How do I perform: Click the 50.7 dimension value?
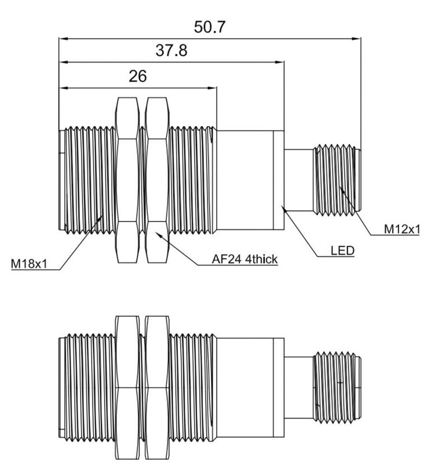(x=210, y=27)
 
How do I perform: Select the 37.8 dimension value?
(x=171, y=51)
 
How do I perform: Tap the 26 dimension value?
(x=137, y=76)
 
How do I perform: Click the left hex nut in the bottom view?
(x=127, y=385)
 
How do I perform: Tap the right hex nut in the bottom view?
(x=157, y=385)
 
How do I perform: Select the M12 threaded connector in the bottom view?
(x=336, y=385)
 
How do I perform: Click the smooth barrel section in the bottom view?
(x=247, y=385)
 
